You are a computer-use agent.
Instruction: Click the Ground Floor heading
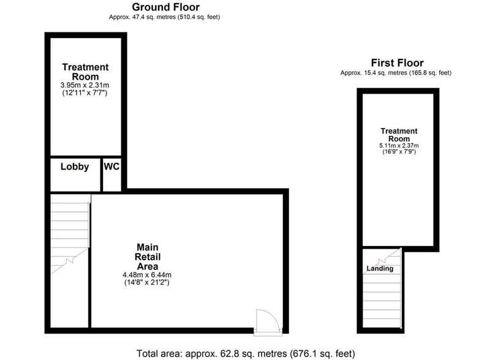166,7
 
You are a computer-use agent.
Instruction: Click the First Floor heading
397,63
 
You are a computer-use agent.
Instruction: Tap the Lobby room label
75,167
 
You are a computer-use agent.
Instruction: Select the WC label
111,167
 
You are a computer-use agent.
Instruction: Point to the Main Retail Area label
148,257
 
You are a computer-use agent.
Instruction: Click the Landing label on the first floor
380,269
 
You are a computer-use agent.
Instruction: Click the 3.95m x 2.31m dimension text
85,86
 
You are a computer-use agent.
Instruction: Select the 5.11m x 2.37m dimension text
399,146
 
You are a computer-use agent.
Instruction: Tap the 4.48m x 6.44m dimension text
147,275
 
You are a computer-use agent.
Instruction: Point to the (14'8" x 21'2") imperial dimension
147,283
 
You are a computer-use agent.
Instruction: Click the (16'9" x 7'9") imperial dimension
399,153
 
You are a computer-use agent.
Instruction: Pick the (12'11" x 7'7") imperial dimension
85,94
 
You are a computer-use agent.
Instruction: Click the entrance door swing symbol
266,320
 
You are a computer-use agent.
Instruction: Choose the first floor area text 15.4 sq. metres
396,73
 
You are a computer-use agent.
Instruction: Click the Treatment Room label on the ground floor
85,72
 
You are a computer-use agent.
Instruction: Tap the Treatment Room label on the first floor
399,135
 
